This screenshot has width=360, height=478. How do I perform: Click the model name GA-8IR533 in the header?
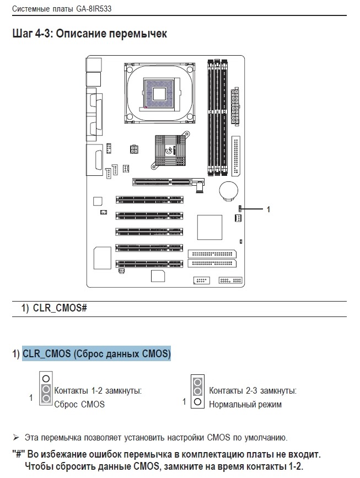[92, 8]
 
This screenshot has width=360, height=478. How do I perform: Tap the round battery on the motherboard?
[229, 191]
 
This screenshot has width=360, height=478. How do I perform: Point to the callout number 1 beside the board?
[268, 209]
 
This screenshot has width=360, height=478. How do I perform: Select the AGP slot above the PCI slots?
[168, 182]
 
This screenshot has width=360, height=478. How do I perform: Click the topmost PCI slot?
[149, 200]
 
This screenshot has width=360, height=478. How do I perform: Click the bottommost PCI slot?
[149, 264]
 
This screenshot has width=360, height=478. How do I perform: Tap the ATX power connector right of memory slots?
[235, 106]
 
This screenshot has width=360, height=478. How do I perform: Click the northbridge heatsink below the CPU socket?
[170, 151]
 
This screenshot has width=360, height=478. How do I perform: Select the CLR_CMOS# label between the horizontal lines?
[60, 308]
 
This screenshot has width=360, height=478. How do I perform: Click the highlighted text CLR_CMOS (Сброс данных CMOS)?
[96, 353]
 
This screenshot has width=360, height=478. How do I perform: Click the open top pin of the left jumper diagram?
[46, 379]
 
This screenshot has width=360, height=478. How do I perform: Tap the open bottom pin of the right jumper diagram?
[197, 402]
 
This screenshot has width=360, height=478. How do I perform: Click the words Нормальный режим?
[245, 405]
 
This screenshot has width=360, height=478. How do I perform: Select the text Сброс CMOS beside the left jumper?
[79, 404]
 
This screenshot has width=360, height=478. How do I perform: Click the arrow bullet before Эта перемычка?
[16, 438]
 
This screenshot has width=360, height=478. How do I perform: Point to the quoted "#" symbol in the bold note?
[19, 454]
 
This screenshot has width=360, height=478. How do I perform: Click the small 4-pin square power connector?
[133, 149]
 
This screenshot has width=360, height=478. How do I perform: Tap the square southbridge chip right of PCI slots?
[209, 227]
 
